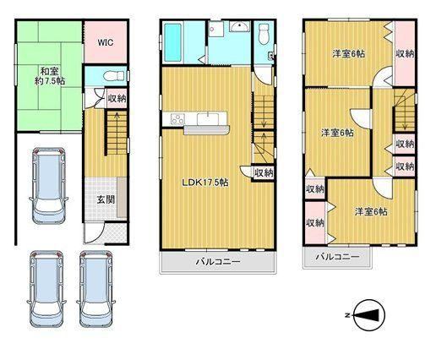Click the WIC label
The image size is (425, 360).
(x=106, y=42)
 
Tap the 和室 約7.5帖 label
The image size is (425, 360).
(x=50, y=76)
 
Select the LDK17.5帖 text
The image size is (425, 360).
(x=205, y=183)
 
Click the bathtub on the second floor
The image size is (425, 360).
(x=172, y=43)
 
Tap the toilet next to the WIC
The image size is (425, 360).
(x=113, y=76)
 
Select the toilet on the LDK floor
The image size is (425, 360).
(x=264, y=34)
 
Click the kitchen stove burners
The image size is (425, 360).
(x=177, y=119)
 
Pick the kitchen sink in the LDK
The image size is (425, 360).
(x=208, y=119)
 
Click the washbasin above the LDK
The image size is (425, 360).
(x=239, y=27)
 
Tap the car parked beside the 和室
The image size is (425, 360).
(x=48, y=185)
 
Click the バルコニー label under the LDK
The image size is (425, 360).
(x=218, y=262)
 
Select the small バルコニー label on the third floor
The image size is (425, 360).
(x=337, y=257)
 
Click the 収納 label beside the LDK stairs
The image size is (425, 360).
(x=264, y=173)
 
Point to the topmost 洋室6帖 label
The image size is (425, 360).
(x=349, y=53)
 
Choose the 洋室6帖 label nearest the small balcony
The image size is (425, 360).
(x=371, y=211)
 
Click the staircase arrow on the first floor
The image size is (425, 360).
(x=117, y=133)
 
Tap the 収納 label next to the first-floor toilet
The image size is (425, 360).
(x=117, y=99)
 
